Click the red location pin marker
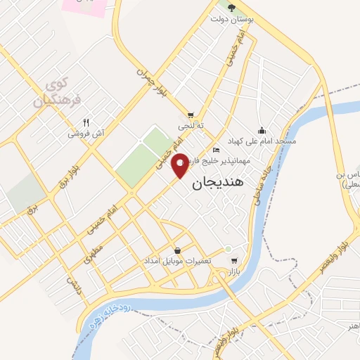181,166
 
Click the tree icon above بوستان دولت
233,6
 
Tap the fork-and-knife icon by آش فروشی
86,121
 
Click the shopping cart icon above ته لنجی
191,115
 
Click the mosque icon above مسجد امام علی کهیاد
262,130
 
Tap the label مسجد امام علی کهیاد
266,141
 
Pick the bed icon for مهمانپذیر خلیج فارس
217,150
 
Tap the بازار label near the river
233,270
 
